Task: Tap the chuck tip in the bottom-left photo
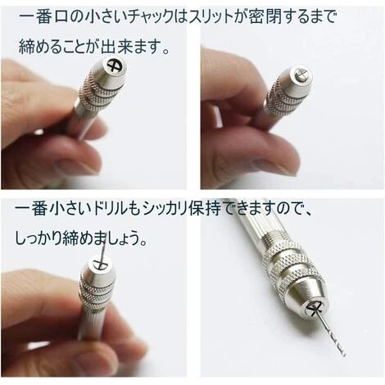[100, 264]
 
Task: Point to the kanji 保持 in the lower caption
[205, 210]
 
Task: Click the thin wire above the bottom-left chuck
[102, 252]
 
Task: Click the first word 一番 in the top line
[34, 18]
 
